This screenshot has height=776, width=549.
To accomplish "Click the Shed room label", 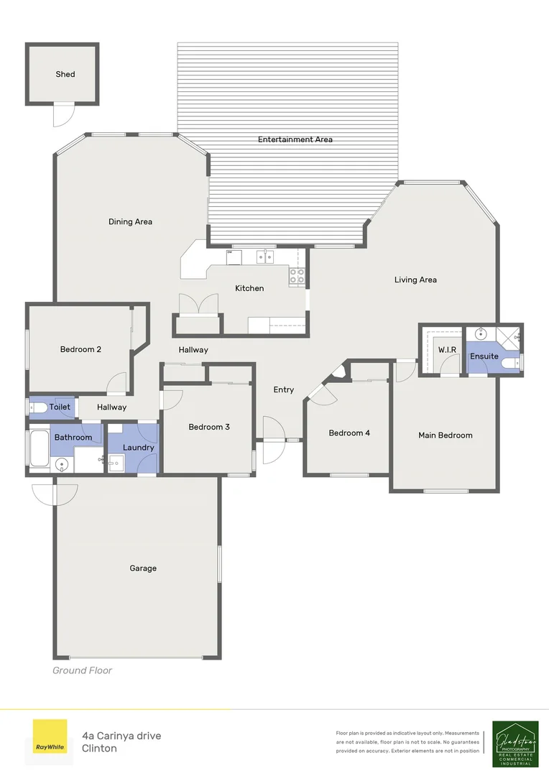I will (x=65, y=74).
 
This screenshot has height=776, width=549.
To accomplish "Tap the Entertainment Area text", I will (x=295, y=139).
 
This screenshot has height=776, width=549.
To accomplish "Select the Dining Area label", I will (x=130, y=222).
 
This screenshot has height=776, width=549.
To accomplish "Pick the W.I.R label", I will (x=448, y=350).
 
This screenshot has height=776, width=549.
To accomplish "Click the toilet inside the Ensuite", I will (x=511, y=364).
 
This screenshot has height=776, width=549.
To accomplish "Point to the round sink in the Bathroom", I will (x=61, y=465).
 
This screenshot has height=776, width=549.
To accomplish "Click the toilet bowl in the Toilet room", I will (x=39, y=407).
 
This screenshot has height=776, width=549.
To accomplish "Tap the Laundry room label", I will (x=138, y=448).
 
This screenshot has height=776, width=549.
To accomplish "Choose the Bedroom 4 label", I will (x=350, y=433).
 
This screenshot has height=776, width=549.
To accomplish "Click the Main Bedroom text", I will (x=446, y=435).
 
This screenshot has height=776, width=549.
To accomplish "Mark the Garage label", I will (x=143, y=568).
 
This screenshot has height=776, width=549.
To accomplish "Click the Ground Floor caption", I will (x=82, y=670).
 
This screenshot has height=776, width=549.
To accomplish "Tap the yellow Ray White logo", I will (x=50, y=736).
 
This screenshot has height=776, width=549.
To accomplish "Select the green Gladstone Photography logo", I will (x=515, y=744).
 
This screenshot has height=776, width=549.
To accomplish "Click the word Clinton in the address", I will (x=99, y=748).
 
